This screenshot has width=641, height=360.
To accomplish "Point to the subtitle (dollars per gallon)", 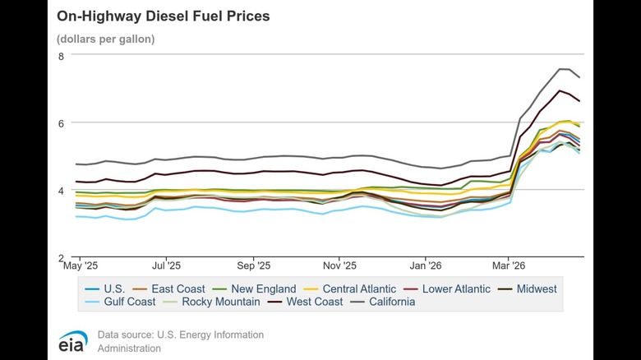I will [105, 39].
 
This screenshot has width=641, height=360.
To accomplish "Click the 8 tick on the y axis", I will [61, 56].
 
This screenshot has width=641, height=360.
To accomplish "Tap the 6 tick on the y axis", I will [61, 122].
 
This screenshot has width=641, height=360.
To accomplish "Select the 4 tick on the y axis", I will [61, 190].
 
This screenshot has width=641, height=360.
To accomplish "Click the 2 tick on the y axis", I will [61, 257].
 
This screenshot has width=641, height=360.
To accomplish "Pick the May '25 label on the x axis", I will [80, 266].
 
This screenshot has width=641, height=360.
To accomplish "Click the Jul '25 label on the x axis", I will [167, 266].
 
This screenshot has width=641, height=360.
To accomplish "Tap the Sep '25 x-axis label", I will [253, 266].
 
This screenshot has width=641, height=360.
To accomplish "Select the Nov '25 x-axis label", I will [339, 266].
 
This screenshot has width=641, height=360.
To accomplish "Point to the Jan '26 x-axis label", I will [426, 266].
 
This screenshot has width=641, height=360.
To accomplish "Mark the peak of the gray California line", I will [564, 69].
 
